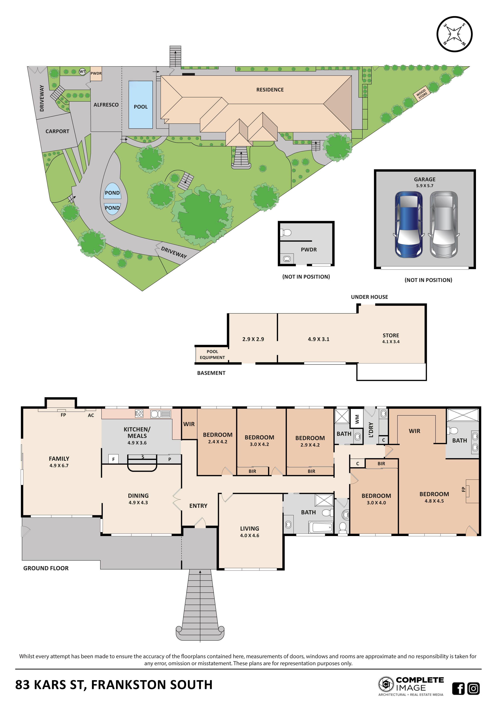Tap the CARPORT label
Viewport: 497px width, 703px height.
57,131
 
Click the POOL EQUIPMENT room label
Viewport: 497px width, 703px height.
212,355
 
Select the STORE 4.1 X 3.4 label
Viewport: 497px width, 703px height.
391,338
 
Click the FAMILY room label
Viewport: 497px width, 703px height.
59,462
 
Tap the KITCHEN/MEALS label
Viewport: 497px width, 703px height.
137,435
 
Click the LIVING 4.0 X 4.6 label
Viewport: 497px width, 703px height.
249,531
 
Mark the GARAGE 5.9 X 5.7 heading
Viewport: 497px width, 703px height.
424,182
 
